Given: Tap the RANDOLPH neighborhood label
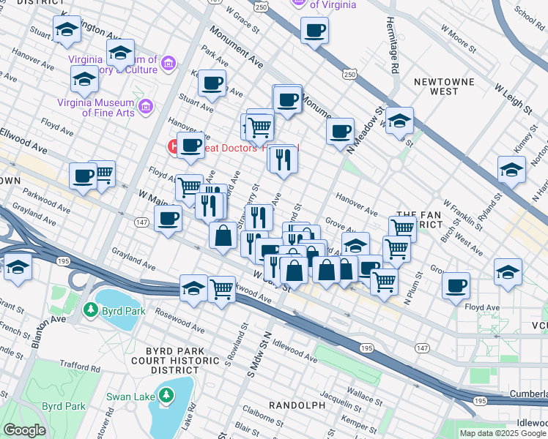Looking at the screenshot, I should (297, 405).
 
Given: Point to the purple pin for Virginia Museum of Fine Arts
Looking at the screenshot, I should (146, 108).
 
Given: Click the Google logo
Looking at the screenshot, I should (24, 430).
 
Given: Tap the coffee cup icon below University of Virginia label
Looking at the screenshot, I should (315, 31).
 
